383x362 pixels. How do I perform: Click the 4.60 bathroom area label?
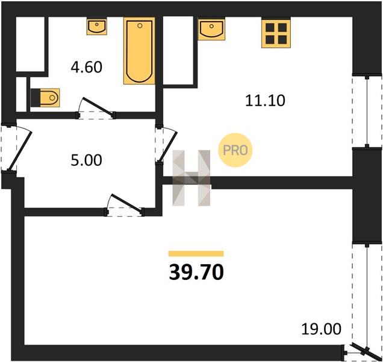point(86,68)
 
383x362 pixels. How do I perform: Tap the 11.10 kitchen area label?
point(265,101)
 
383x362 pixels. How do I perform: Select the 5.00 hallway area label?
point(86,160)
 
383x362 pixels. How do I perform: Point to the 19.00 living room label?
point(321,329)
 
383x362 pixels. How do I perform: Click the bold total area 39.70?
point(196,273)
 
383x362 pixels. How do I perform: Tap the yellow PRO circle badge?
point(235,150)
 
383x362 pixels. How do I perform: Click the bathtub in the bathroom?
point(140,51)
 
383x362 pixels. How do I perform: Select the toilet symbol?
point(45,98)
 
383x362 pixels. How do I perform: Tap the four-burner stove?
point(276,34)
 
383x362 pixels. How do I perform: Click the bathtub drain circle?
point(140,25)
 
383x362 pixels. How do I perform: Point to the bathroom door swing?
point(96,108)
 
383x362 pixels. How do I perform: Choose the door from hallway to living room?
point(124,205)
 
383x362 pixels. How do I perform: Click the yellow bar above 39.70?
point(196,253)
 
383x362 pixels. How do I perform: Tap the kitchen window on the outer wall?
point(367,112)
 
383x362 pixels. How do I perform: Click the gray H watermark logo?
point(191,178)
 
